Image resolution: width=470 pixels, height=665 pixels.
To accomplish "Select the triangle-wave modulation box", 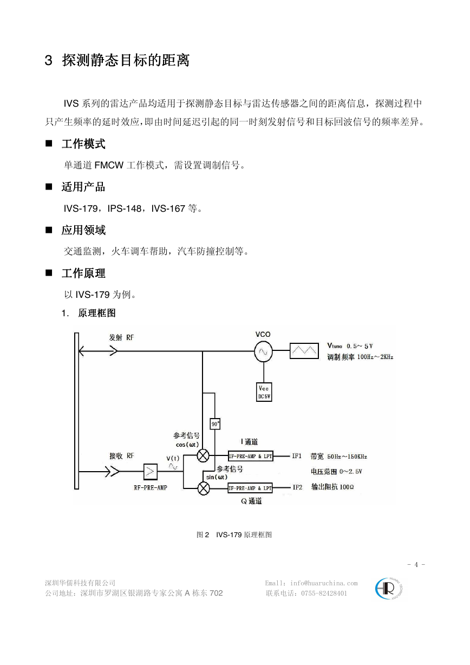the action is click(304, 351).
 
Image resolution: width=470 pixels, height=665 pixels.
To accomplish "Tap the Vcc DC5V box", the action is click(264, 392).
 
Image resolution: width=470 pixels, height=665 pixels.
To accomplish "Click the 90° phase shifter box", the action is click(215, 424).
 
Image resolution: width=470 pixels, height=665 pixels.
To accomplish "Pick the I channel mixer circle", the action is click(203, 456).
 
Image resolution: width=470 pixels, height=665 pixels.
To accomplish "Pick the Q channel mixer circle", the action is click(204, 488).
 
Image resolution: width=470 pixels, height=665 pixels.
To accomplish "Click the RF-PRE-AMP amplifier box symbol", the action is click(150, 472).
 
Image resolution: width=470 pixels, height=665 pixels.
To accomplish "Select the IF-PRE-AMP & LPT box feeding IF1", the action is click(250, 457).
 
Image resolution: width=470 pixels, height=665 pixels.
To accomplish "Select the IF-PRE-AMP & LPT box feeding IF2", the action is click(250, 488).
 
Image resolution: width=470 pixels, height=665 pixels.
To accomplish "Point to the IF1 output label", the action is click(297, 456).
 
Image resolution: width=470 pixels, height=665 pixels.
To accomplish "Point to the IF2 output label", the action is click(297, 487).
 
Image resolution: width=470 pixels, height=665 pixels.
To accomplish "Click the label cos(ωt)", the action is click(187, 445).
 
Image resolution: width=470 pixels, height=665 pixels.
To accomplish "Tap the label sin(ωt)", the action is click(217, 477).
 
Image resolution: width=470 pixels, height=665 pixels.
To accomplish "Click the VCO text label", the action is click(263, 334).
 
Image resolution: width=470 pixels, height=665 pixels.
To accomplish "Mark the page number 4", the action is click(416, 564).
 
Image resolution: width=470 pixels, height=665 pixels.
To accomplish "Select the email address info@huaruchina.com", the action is click(324, 583).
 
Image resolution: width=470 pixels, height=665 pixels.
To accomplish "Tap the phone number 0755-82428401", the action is click(324, 593).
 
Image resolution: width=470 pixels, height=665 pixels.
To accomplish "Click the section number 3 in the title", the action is click(48, 61).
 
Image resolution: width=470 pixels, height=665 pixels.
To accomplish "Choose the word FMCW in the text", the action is click(109, 165).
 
